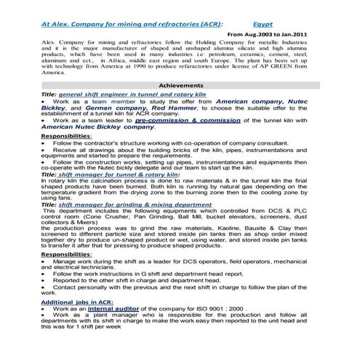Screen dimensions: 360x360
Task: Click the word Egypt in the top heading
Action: click(272, 23)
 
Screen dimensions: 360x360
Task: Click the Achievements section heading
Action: click(180, 85)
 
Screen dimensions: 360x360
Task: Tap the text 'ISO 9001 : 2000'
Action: click(221, 308)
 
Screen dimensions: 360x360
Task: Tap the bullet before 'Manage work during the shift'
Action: click(44, 261)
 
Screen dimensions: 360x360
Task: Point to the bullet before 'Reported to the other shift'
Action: click(44, 280)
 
